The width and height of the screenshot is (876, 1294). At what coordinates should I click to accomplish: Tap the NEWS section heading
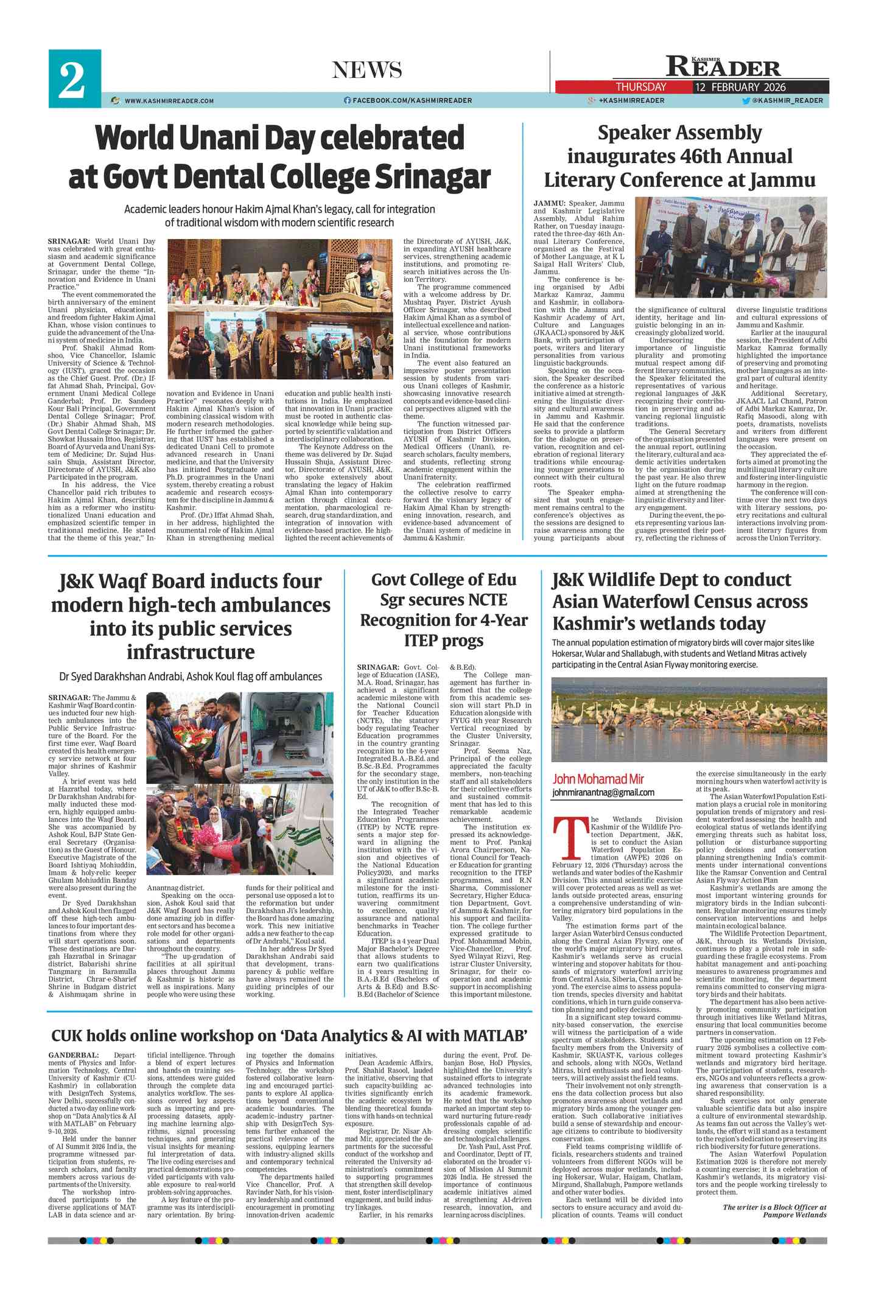click(x=366, y=71)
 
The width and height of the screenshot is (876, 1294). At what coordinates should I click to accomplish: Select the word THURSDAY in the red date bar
click(x=640, y=87)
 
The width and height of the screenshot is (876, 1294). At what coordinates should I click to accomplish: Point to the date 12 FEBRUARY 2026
click(x=740, y=87)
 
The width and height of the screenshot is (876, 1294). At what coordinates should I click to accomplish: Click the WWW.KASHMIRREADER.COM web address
click(x=169, y=101)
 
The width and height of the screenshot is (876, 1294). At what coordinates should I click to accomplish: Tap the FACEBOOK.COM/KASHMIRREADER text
click(x=412, y=100)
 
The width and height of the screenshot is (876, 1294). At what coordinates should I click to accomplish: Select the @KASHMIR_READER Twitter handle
click(x=787, y=100)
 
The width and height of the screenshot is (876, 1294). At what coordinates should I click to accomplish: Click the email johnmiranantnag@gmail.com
click(x=603, y=792)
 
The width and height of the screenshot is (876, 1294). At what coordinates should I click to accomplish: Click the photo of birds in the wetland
click(x=689, y=718)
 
